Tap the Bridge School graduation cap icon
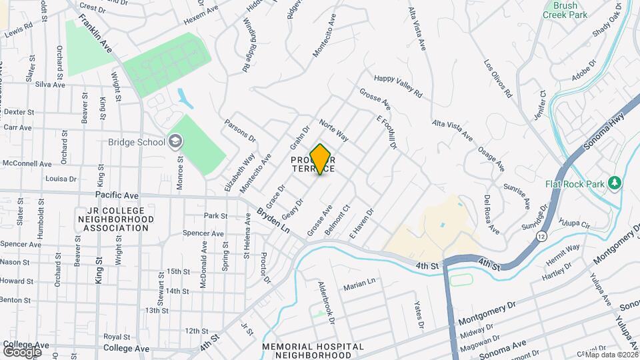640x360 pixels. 175,141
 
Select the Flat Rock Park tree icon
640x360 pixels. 615,182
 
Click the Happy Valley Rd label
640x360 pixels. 398,87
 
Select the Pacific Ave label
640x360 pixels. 117,195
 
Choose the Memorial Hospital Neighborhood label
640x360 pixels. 313,351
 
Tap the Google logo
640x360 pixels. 23,351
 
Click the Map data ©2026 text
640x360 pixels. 612,355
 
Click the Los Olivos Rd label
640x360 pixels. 497,79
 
